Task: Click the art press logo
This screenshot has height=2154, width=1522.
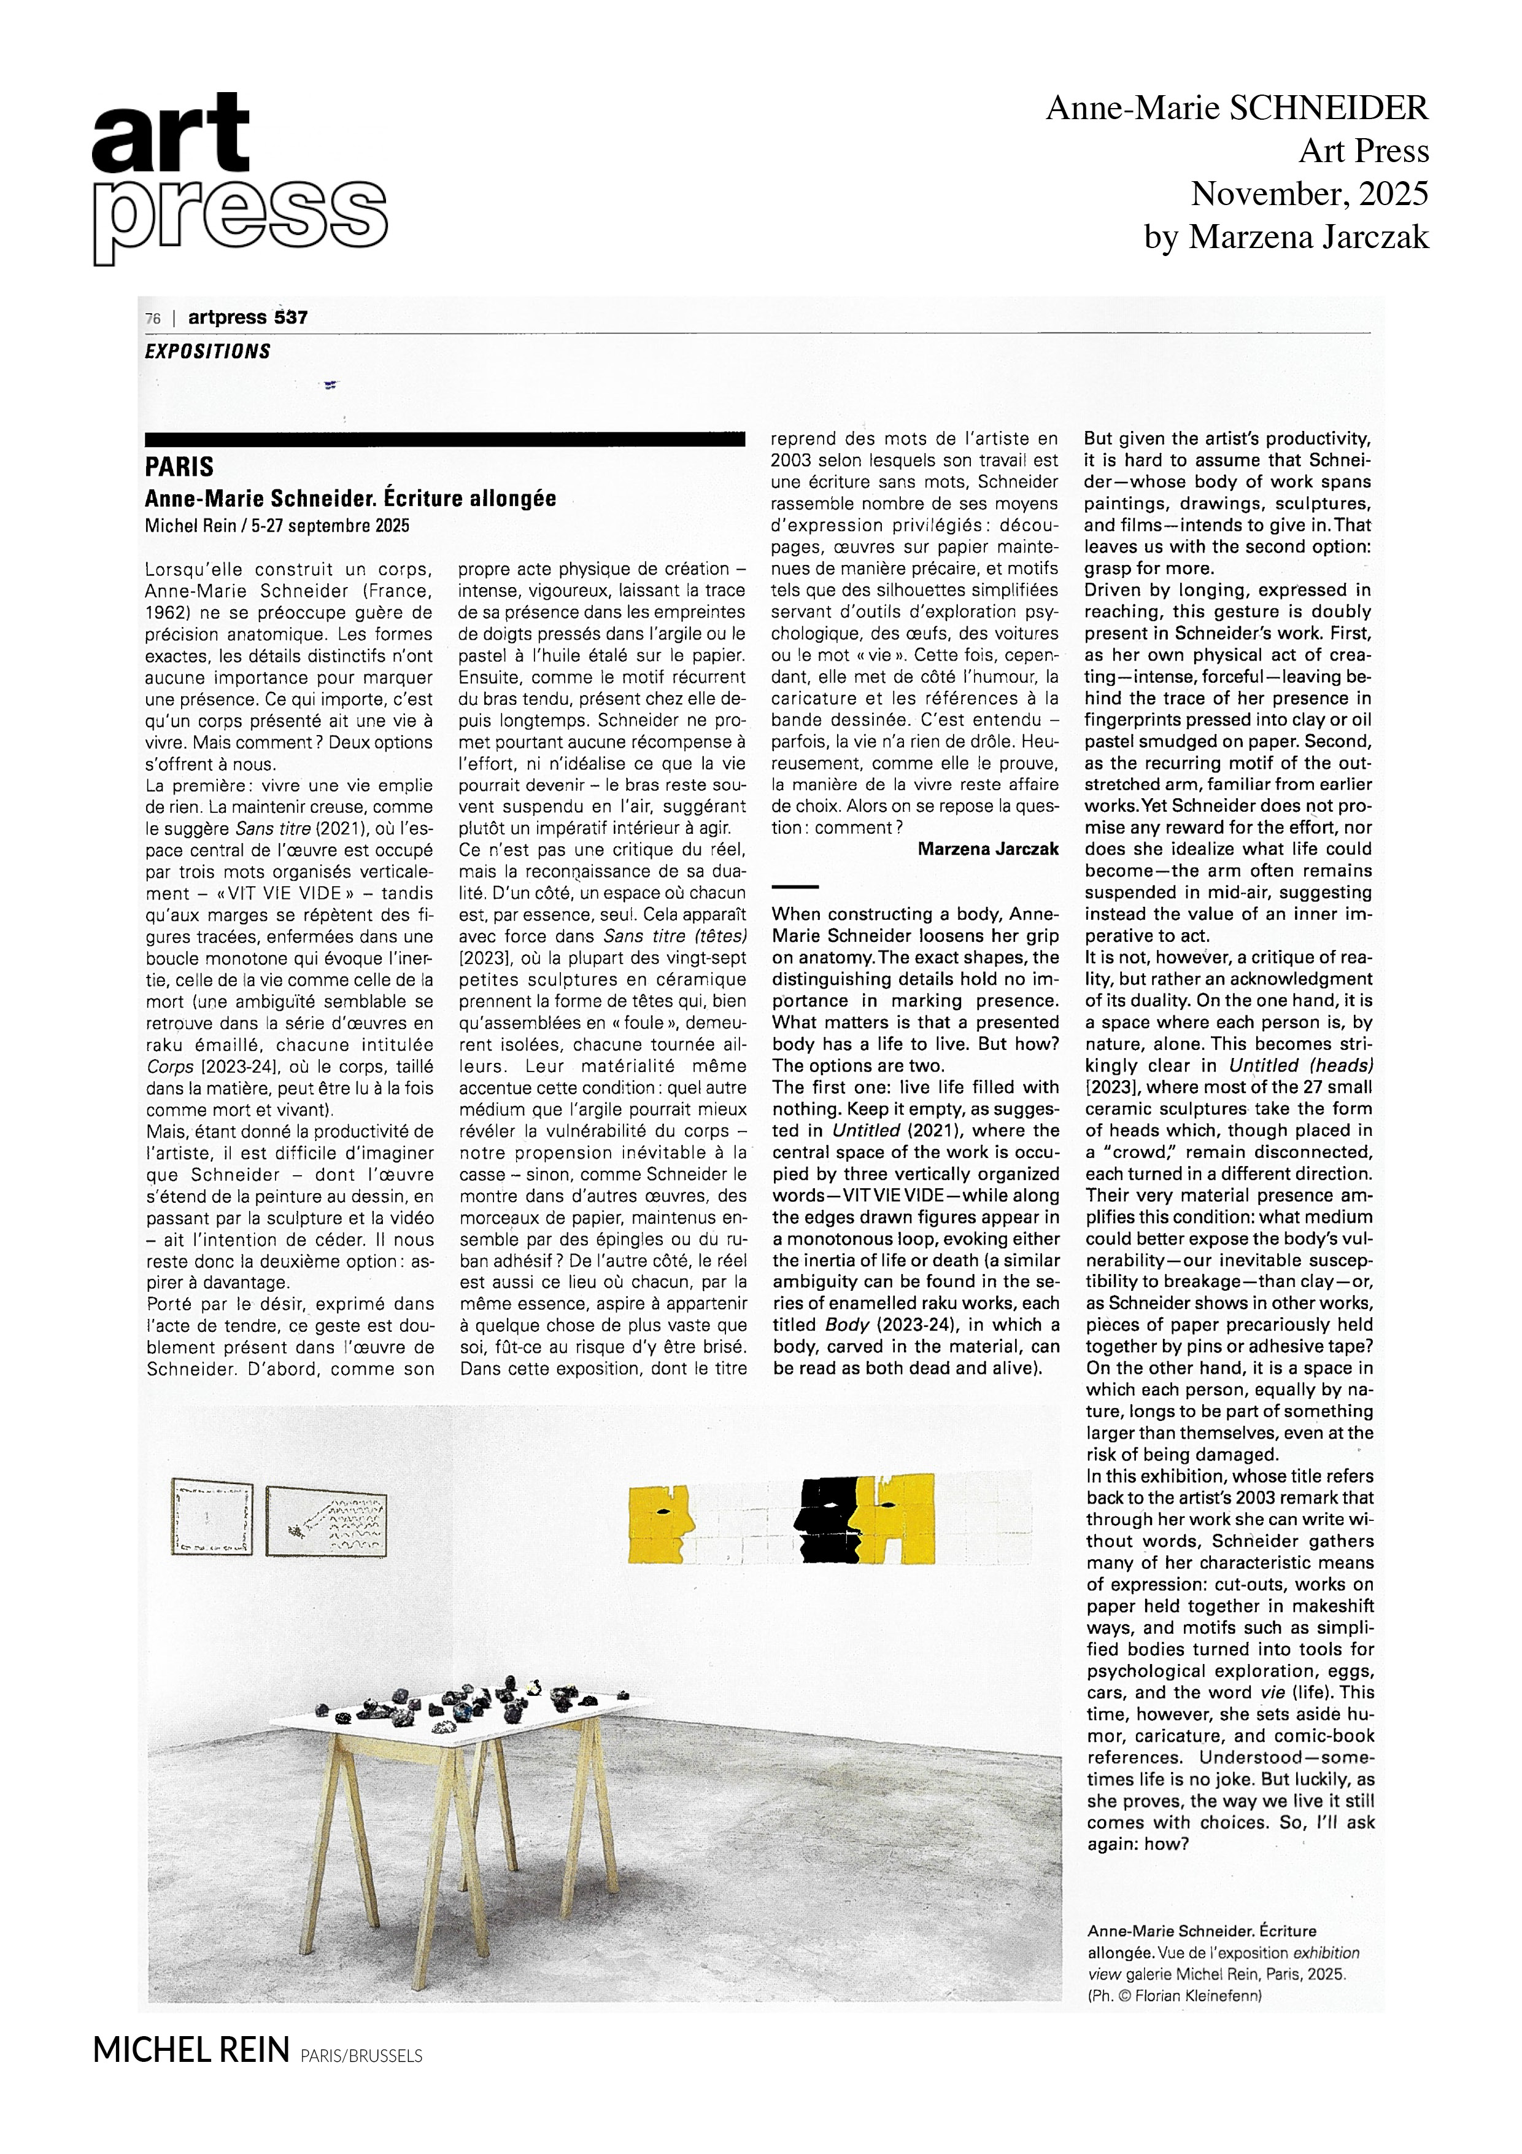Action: coord(239,178)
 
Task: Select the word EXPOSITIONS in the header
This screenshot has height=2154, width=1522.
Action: coord(207,352)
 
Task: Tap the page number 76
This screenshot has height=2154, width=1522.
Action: coord(153,319)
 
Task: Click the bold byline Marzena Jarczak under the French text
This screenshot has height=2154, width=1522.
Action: coord(987,849)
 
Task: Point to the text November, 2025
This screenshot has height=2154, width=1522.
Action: coord(1309,194)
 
